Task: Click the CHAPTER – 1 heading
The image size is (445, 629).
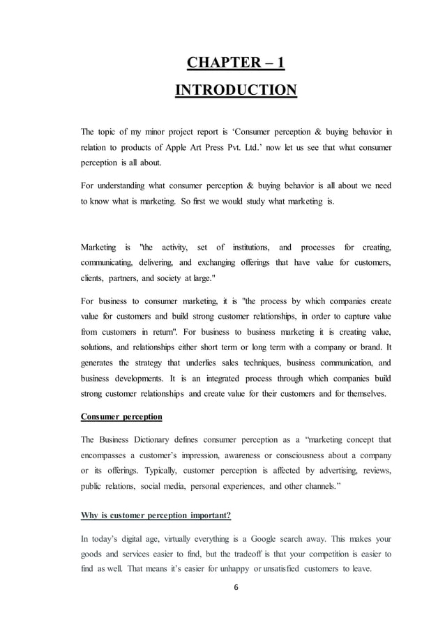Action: click(235, 64)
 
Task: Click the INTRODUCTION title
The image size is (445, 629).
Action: click(235, 91)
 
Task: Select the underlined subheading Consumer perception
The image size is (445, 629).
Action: click(121, 416)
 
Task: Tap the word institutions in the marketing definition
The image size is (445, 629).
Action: click(248, 248)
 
